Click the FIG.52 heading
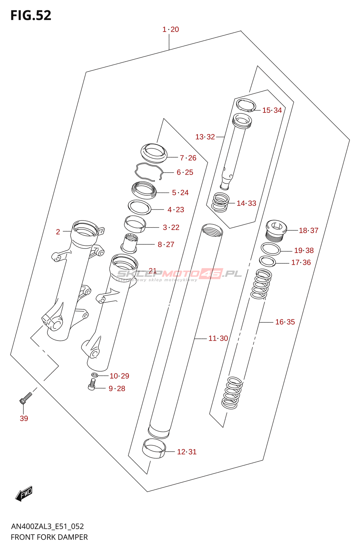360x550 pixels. click(31, 15)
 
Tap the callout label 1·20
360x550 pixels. click(170, 30)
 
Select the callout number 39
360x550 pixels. click(24, 418)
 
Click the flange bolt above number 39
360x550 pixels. click(25, 398)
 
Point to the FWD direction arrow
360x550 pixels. click(24, 494)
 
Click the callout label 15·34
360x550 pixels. click(272, 110)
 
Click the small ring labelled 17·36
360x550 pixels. click(268, 261)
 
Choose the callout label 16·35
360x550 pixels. click(285, 322)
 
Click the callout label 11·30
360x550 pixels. click(218, 338)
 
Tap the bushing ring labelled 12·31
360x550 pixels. click(154, 448)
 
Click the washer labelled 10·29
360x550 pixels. click(95, 374)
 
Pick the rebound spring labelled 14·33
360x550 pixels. click(220, 202)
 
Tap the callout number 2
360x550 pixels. click(58, 232)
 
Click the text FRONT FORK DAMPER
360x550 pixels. click(49, 537)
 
